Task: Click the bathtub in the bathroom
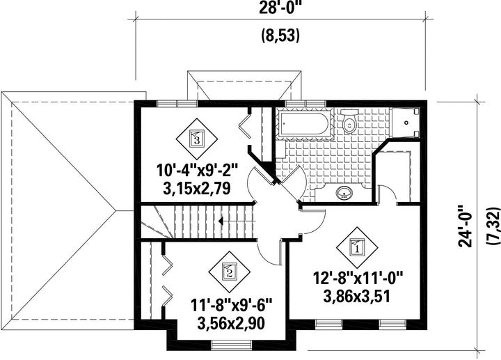(x=304, y=123)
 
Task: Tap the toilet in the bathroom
(x=349, y=120)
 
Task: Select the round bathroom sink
(x=344, y=192)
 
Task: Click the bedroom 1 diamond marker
(x=357, y=246)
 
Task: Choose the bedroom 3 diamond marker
(x=197, y=139)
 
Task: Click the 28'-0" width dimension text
(x=281, y=8)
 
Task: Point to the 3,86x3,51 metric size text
(x=357, y=296)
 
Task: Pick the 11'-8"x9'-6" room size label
(x=231, y=305)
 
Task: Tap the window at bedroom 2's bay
(x=231, y=345)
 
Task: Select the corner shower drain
(x=406, y=123)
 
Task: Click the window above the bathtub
(x=305, y=103)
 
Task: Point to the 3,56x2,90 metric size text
(x=231, y=323)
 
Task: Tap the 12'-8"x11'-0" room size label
(x=358, y=278)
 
